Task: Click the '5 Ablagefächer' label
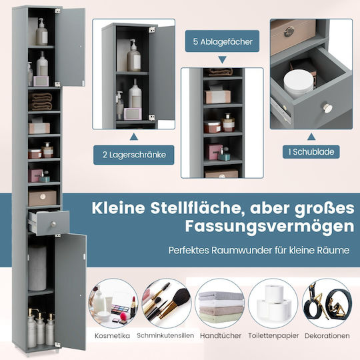tap(223, 42)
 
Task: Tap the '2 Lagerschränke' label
tap(134, 155)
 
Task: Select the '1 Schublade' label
tap(311, 152)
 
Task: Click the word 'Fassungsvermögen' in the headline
tap(269, 227)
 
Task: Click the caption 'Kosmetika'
tap(112, 335)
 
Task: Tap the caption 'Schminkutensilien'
tap(165, 335)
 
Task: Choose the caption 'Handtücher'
tap(221, 335)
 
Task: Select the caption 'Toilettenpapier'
tap(273, 335)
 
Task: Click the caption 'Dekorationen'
tap(327, 335)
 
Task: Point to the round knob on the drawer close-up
tap(328, 108)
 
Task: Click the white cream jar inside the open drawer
tap(298, 83)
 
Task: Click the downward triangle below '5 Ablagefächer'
tap(222, 60)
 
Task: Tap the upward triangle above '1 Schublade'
tap(311, 137)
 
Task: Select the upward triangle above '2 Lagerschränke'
tap(134, 137)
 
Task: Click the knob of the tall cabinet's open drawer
tap(53, 224)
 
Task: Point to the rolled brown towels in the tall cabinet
tap(41, 101)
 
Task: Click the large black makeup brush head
tap(181, 297)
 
